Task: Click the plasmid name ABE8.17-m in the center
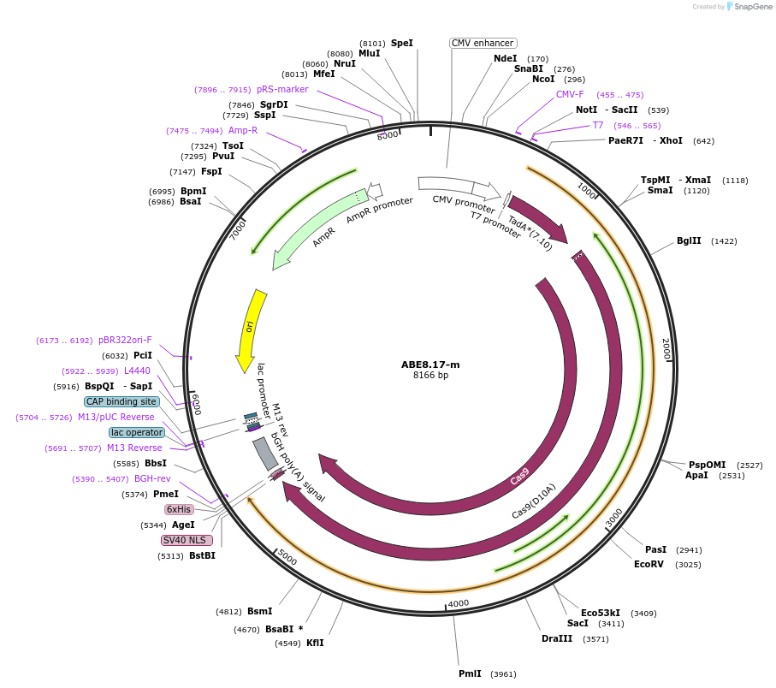click(x=430, y=364)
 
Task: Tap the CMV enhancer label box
click(x=483, y=43)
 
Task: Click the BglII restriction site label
click(x=689, y=241)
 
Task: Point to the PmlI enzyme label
click(x=470, y=673)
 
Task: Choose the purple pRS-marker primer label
click(x=282, y=89)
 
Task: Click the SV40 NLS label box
click(x=187, y=540)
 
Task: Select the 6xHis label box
click(x=179, y=509)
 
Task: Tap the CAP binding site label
click(x=121, y=401)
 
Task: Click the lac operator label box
click(x=137, y=432)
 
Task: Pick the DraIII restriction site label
click(x=557, y=638)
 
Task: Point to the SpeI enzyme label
click(x=401, y=43)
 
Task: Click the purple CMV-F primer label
click(x=570, y=94)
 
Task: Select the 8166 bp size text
click(x=430, y=375)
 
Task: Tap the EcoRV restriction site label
click(x=649, y=564)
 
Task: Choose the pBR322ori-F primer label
click(x=125, y=340)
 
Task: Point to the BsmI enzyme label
click(x=259, y=611)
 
